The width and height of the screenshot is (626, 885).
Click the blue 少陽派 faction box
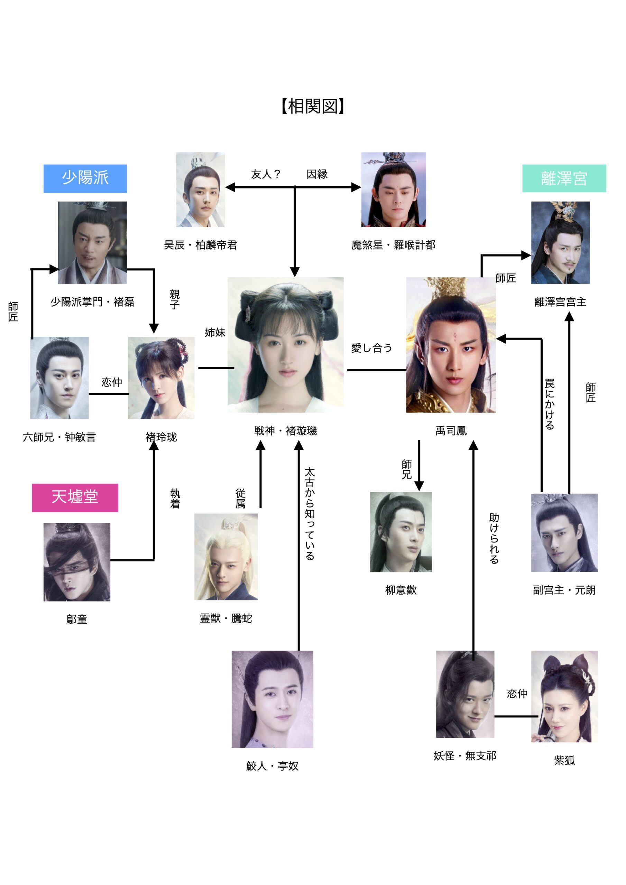(85, 178)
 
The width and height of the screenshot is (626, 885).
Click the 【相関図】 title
(313, 106)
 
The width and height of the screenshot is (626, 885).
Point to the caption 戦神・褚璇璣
(285, 430)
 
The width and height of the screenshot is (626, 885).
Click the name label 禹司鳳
(451, 430)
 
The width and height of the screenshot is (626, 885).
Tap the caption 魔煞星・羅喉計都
(394, 245)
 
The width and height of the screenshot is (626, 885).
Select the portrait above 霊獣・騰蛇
(226, 557)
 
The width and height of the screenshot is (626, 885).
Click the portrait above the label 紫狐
(564, 697)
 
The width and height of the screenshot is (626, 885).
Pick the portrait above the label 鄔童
(77, 562)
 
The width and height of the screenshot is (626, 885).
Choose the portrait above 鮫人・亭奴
(272, 699)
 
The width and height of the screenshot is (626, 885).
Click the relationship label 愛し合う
(371, 348)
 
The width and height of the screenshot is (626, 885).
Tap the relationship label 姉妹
(215, 332)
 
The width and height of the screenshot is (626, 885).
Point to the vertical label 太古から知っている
(310, 514)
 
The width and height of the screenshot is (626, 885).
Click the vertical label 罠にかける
(550, 404)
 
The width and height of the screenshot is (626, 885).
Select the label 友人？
(266, 174)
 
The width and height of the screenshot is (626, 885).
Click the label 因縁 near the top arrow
(317, 174)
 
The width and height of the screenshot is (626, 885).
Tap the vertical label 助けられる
(494, 538)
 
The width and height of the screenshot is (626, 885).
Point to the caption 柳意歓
(401, 590)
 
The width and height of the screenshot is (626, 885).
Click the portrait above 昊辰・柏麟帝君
(201, 190)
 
